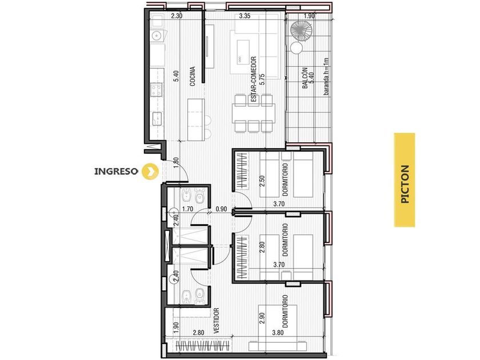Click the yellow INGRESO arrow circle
click(x=150, y=171)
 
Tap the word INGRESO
click(x=117, y=171)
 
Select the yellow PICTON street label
click(x=405, y=180)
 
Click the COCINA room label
click(x=192, y=76)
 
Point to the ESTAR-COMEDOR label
click(x=253, y=79)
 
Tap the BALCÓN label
click(x=305, y=78)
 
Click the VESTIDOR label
click(x=217, y=321)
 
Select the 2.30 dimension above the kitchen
click(x=177, y=16)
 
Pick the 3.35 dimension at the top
click(x=245, y=16)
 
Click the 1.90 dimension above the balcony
click(x=309, y=16)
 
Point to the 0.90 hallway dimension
click(x=221, y=209)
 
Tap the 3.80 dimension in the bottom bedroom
click(x=278, y=333)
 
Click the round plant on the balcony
click(x=301, y=31)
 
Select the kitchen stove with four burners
click(x=157, y=89)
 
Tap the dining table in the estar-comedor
click(x=254, y=113)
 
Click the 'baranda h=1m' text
click(x=326, y=76)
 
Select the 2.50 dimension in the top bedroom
click(x=262, y=181)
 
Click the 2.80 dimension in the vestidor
click(x=198, y=333)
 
